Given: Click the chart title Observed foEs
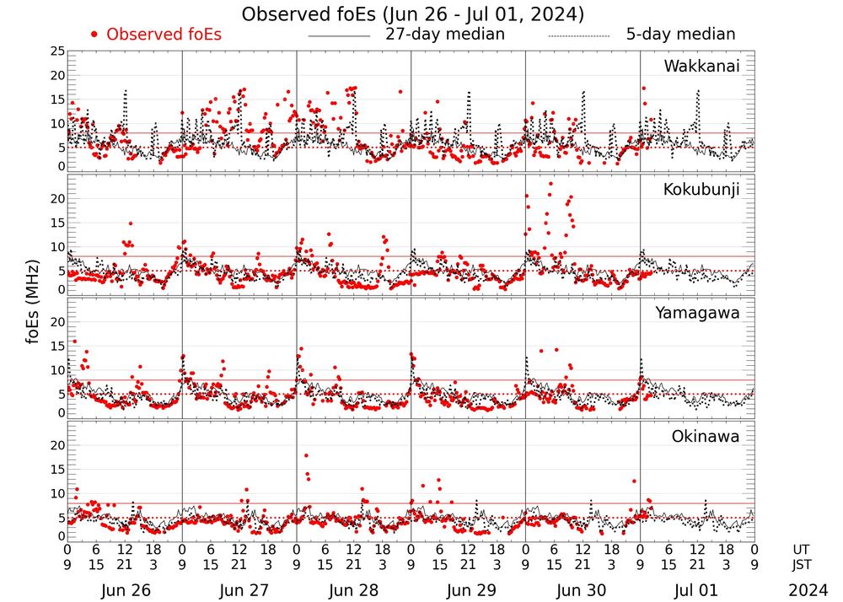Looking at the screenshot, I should [x=413, y=14].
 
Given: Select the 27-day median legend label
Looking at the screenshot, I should [x=445, y=35].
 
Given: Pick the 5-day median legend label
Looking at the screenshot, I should [x=681, y=35].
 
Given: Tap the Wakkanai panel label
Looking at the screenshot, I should [x=701, y=66].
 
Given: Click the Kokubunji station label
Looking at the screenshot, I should [x=701, y=190].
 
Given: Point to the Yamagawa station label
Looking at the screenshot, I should [x=697, y=313].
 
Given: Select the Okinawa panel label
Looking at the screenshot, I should [x=705, y=437].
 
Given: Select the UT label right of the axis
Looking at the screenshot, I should [x=803, y=549].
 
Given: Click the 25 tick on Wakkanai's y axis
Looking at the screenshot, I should [x=57, y=51].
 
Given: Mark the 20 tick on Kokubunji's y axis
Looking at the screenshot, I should [x=57, y=199].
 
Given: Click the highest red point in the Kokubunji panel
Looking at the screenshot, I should [x=551, y=183].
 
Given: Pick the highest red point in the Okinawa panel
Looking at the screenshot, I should [x=306, y=456].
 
